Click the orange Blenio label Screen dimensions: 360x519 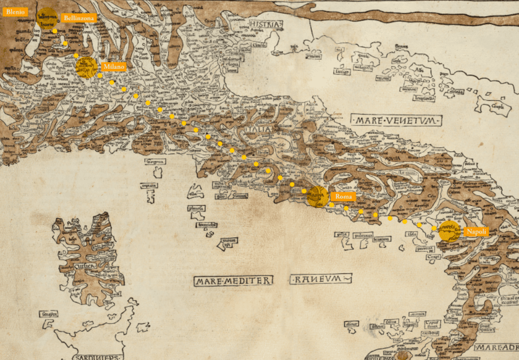click(16, 12)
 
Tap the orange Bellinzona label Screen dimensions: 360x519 click(79, 18)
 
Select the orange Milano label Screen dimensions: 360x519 click(114, 67)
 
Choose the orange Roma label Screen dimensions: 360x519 click(345, 196)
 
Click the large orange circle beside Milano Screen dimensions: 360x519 click(87, 68)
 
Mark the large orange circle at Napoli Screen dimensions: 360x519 click(449, 231)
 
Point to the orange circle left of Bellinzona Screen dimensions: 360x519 click(47, 17)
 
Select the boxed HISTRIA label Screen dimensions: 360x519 click(266, 24)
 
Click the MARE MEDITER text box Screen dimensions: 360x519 click(233, 281)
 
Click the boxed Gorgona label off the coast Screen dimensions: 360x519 click(156, 161)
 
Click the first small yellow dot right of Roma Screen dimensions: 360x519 click(332, 205)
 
